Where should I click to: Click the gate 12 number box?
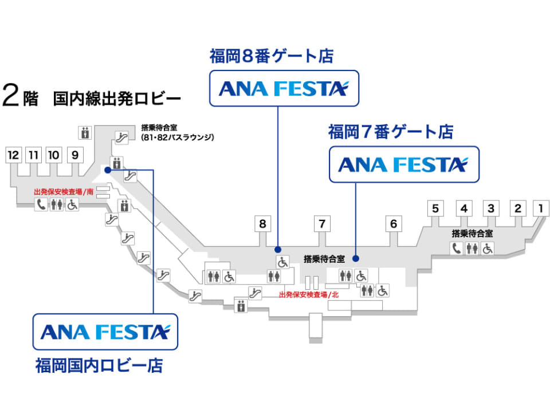13,155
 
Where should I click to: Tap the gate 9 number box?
75,155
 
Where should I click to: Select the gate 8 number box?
262,224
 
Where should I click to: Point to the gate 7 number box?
322,224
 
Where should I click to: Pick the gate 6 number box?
394,224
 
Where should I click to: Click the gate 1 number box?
541,208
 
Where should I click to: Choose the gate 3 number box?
491,208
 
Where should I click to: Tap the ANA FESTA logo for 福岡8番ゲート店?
284,88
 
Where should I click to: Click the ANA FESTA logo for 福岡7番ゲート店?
404,164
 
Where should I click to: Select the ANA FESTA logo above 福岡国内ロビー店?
105,332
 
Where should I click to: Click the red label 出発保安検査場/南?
64,192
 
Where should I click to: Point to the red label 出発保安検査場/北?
309,294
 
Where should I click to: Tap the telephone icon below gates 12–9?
41,204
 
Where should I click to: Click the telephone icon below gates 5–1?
457,248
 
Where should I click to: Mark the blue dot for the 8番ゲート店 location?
278,250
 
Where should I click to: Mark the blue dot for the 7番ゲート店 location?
356,259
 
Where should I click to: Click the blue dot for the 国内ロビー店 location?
108,170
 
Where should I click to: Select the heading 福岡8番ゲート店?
272,56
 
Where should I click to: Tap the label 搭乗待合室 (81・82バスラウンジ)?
178,132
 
